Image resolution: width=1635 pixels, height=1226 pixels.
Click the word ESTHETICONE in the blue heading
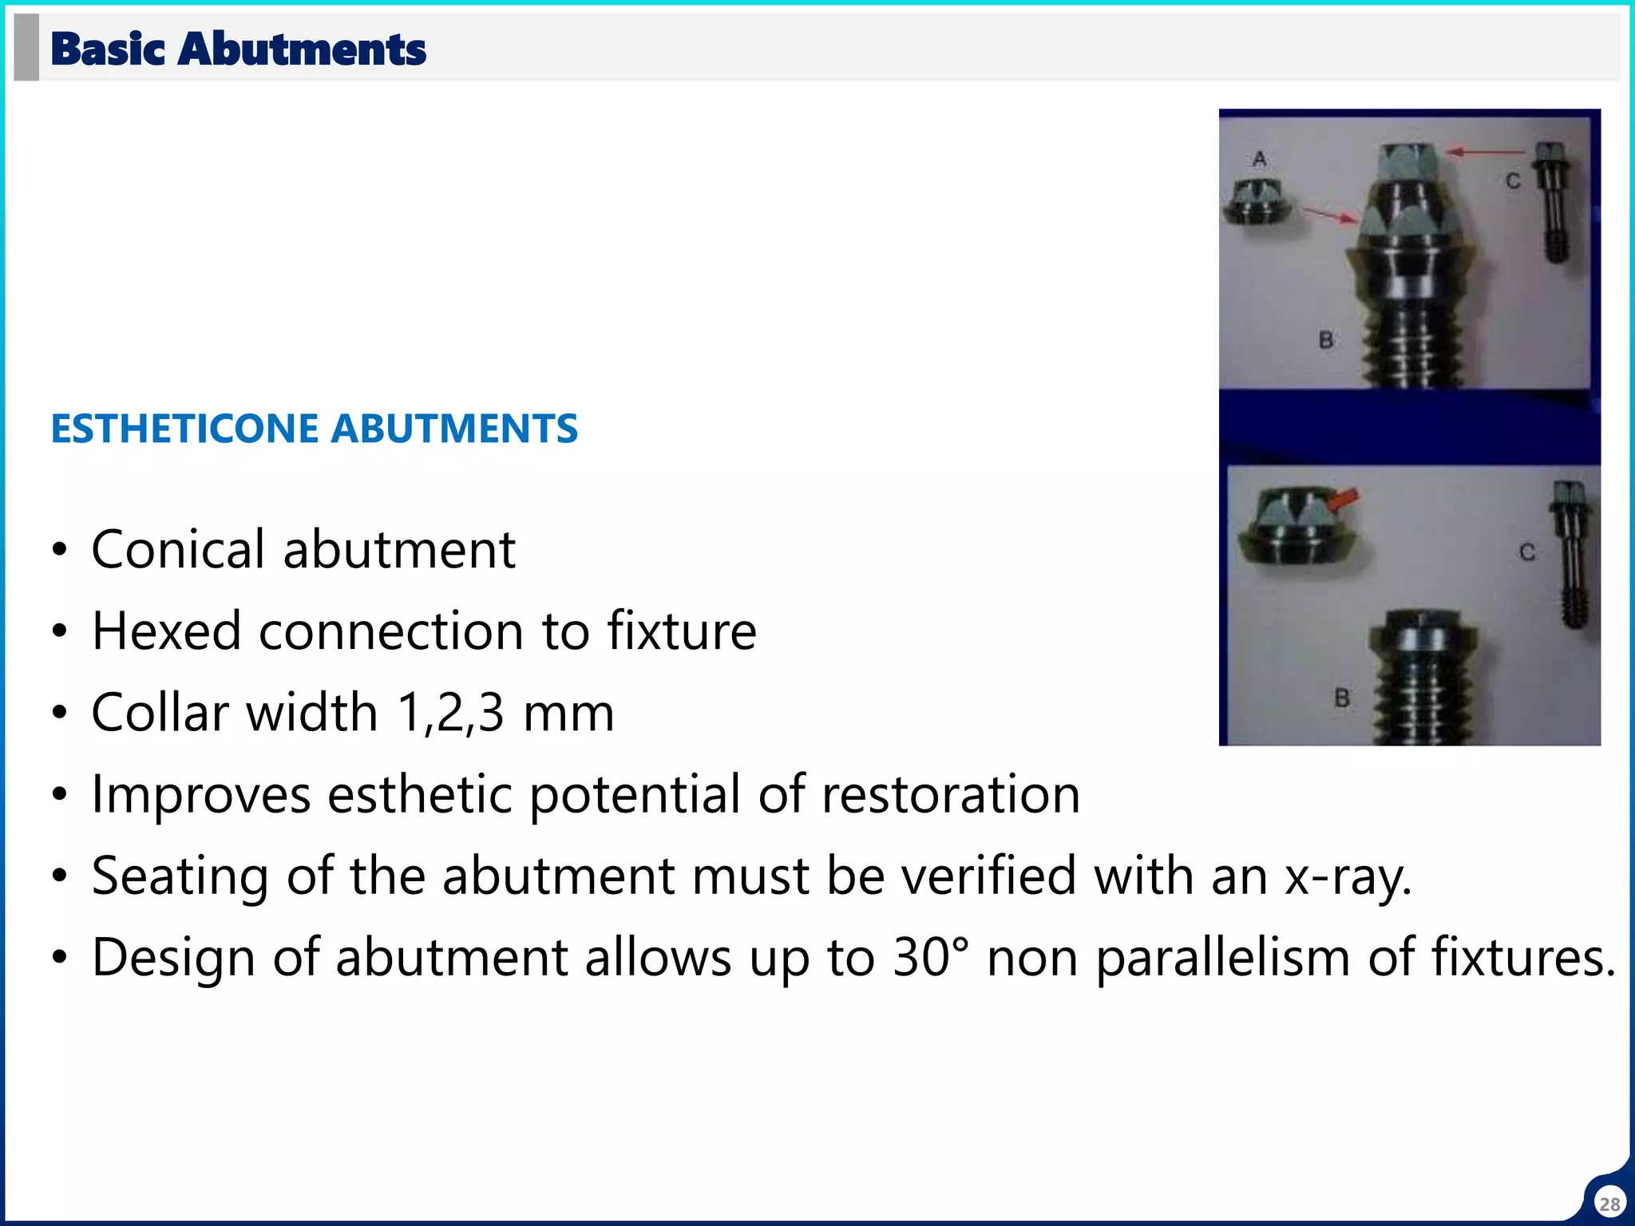tap(184, 429)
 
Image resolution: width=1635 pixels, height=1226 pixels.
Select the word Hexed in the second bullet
tap(166, 631)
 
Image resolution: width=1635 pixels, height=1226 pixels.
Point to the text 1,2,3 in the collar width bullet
tap(450, 713)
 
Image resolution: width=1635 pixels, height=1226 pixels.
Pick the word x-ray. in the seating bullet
tap(1348, 876)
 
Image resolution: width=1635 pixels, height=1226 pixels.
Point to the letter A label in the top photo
tap(1260, 159)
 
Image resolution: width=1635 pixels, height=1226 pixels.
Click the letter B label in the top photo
tap(1326, 340)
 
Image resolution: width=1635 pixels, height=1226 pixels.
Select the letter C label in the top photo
tap(1513, 182)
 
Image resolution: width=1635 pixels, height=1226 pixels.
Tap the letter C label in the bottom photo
tap(1527, 552)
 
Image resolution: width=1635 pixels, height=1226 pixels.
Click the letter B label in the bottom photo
tap(1342, 698)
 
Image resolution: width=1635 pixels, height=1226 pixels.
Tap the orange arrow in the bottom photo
tap(1344, 500)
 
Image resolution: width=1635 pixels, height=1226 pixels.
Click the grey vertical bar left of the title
tap(26, 48)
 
